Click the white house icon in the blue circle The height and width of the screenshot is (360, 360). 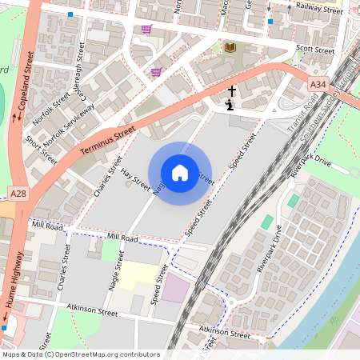(180, 172)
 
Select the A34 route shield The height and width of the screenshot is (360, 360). (318, 83)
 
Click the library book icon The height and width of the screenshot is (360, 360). (230, 48)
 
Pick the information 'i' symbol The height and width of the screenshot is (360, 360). (230, 104)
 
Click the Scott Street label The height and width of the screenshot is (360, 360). (314, 50)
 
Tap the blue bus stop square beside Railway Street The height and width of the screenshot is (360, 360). (270, 22)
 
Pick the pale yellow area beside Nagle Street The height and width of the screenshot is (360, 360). (135, 277)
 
